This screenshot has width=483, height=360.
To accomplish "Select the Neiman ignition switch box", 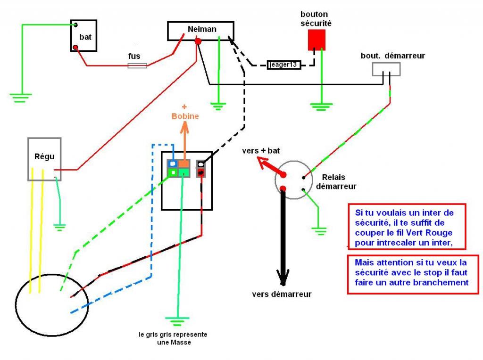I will point(201,31).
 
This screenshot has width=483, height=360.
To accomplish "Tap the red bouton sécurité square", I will point(316,40).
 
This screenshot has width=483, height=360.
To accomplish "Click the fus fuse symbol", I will point(137,65).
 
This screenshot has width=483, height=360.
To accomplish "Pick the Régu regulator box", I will point(44,159).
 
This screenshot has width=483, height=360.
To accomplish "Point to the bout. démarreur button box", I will point(386,69).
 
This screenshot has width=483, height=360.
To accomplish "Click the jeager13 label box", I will point(284,65).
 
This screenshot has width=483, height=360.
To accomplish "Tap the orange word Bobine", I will point(185,116).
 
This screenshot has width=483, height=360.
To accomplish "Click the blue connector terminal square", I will point(173,164).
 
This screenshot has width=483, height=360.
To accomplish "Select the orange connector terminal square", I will point(184,164).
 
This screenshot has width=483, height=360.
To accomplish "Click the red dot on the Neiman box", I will point(198,42).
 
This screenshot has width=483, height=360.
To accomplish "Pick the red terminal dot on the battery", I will point(75,47).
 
